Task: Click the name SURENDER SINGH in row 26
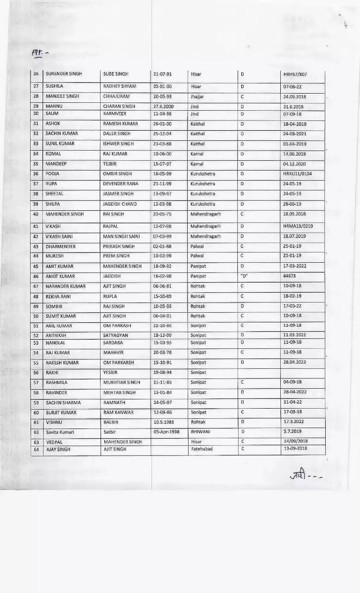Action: click(63, 74)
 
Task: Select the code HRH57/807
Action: click(295, 74)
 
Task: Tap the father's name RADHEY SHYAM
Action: click(120, 86)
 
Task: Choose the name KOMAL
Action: click(53, 154)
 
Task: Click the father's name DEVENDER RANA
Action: click(120, 184)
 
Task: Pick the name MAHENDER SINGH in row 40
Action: click(64, 214)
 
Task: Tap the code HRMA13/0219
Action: click(298, 227)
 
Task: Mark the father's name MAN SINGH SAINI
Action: click(121, 236)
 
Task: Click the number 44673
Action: click(290, 276)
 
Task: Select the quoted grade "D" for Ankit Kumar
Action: click(245, 276)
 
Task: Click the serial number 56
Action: click(36, 372)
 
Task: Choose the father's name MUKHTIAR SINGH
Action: click(121, 382)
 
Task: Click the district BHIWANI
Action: click(200, 432)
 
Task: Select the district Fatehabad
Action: click(202, 449)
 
